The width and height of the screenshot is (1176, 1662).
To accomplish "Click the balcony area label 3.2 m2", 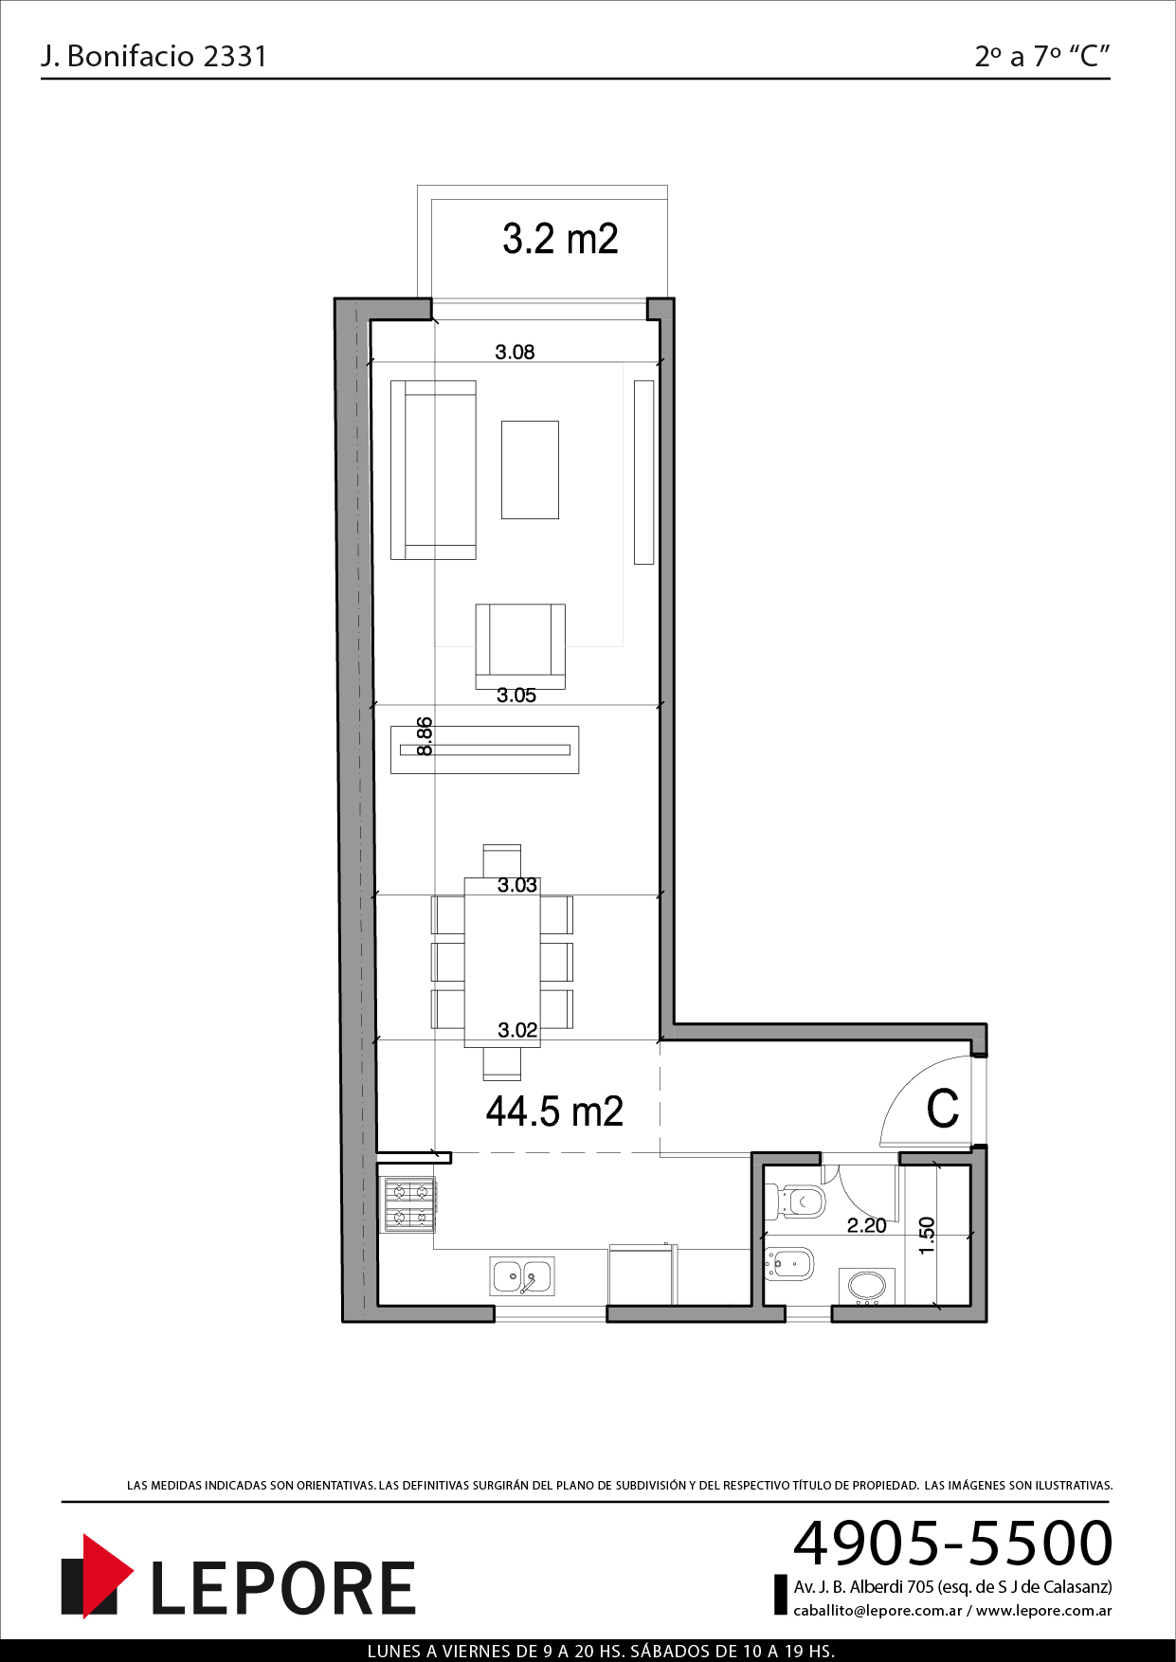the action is [560, 239].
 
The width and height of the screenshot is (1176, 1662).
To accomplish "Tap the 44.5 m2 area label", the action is [554, 1111].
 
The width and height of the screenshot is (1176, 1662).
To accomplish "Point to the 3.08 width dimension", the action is [515, 352].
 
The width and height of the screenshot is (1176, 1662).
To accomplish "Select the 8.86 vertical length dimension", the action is [425, 736].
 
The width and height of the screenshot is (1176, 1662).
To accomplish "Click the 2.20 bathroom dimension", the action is [866, 1225].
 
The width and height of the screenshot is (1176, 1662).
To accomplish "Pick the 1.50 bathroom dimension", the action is [927, 1236].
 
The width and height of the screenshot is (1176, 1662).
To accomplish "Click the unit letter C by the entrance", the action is [943, 1109].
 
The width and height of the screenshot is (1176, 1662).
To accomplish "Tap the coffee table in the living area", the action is [530, 470].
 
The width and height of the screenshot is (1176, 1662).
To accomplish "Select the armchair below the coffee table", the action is [520, 646].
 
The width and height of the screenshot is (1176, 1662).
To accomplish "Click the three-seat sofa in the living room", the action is [433, 470].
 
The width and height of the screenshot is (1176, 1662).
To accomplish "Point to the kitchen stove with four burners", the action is [408, 1204].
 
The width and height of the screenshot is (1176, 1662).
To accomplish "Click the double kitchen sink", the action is [521, 1275].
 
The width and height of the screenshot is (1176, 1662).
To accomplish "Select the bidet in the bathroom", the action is [788, 1263].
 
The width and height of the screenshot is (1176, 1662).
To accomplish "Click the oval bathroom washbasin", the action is [867, 1286].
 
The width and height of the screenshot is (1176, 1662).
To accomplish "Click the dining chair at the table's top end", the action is [501, 860].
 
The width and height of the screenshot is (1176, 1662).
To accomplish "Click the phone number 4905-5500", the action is [952, 1543].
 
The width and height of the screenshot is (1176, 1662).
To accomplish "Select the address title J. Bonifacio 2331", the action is [154, 56].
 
